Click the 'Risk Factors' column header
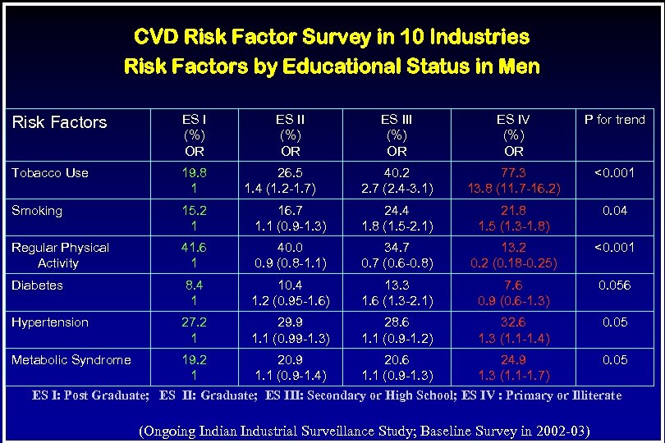(59, 122)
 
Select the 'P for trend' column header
(614, 120)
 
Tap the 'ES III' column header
(397, 120)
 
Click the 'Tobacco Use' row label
(50, 172)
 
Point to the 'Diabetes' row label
(37, 285)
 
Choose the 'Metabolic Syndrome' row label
(71, 359)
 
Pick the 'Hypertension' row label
(50, 322)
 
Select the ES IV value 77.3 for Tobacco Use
(513, 172)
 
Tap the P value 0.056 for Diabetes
(614, 285)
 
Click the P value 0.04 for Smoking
(614, 210)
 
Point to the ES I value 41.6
(194, 247)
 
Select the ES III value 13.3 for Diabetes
(397, 285)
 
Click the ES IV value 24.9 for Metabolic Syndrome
(513, 359)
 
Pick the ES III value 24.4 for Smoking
(397, 210)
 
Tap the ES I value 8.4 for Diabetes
(194, 285)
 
